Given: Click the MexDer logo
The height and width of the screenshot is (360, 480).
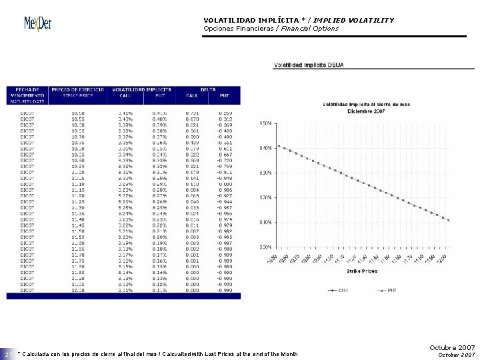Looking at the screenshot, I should (38, 23).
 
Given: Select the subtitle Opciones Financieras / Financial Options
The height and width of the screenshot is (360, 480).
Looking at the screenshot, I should (271, 29).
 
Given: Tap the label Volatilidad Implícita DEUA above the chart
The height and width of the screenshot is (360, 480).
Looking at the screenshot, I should (309, 65).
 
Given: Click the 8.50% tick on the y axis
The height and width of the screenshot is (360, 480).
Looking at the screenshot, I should (265, 123).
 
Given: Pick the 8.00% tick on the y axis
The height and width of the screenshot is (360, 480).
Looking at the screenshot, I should (265, 197).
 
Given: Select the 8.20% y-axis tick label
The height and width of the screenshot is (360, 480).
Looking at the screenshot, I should (265, 173).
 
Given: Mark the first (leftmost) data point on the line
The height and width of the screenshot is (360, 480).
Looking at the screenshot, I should (279, 146).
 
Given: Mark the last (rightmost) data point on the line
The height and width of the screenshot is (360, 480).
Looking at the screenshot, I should (449, 220).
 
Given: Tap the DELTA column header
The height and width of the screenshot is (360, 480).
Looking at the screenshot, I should (208, 89).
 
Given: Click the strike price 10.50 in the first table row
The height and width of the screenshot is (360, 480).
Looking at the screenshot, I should (78, 113).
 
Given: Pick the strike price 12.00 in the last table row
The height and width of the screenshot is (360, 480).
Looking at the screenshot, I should (78, 291).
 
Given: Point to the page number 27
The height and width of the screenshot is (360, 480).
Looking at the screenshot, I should (8, 353).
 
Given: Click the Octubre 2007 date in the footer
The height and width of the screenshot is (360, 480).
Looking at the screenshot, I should (452, 348).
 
